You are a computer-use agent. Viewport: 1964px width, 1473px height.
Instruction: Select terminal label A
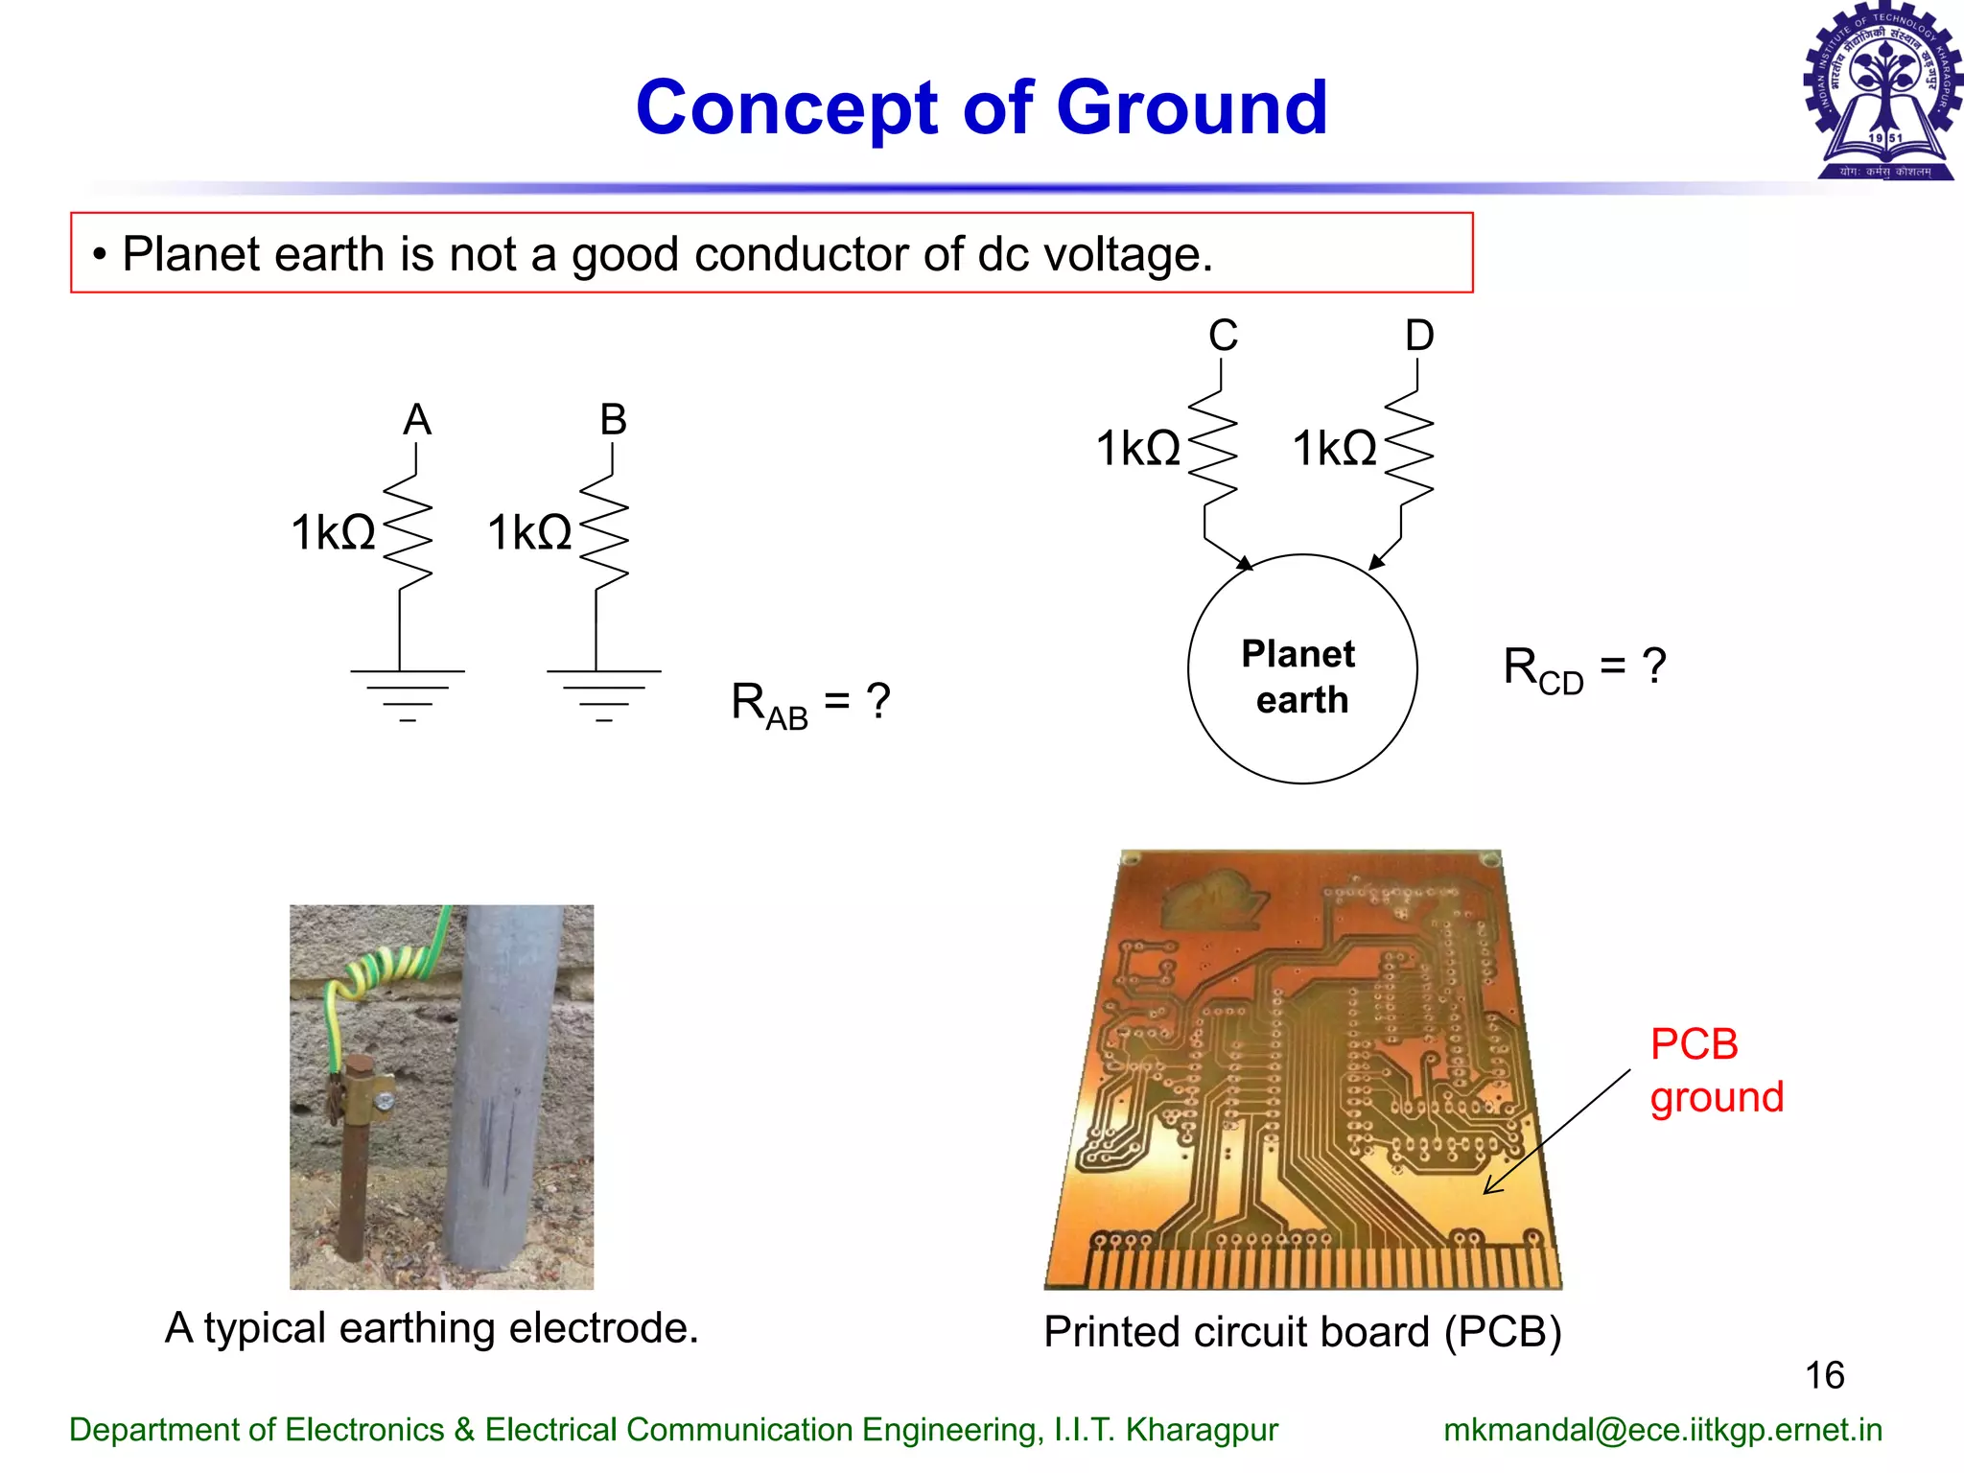coord(417,420)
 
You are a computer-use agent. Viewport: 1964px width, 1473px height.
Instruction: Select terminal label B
coord(613,420)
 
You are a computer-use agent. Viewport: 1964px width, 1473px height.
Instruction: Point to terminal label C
coord(1223,336)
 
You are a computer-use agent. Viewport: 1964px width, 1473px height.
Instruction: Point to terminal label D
coord(1419,336)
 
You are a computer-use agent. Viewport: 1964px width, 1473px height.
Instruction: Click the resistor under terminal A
coord(408,532)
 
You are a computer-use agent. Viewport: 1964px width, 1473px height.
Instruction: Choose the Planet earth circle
coord(1301,669)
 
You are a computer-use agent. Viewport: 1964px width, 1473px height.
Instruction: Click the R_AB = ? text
coord(810,703)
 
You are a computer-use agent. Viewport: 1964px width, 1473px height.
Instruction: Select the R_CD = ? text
coord(1583,668)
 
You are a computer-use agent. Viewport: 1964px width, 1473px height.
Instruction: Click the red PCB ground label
coord(1716,1070)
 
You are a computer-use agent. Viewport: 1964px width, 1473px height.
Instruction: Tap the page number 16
coord(1824,1375)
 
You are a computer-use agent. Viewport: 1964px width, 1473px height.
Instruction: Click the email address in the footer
coord(1662,1430)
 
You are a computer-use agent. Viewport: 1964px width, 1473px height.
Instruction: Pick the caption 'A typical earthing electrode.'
coord(432,1328)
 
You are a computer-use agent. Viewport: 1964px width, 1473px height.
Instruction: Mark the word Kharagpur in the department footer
coord(1202,1430)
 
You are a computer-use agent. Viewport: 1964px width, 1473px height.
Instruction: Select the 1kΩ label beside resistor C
coord(1138,449)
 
